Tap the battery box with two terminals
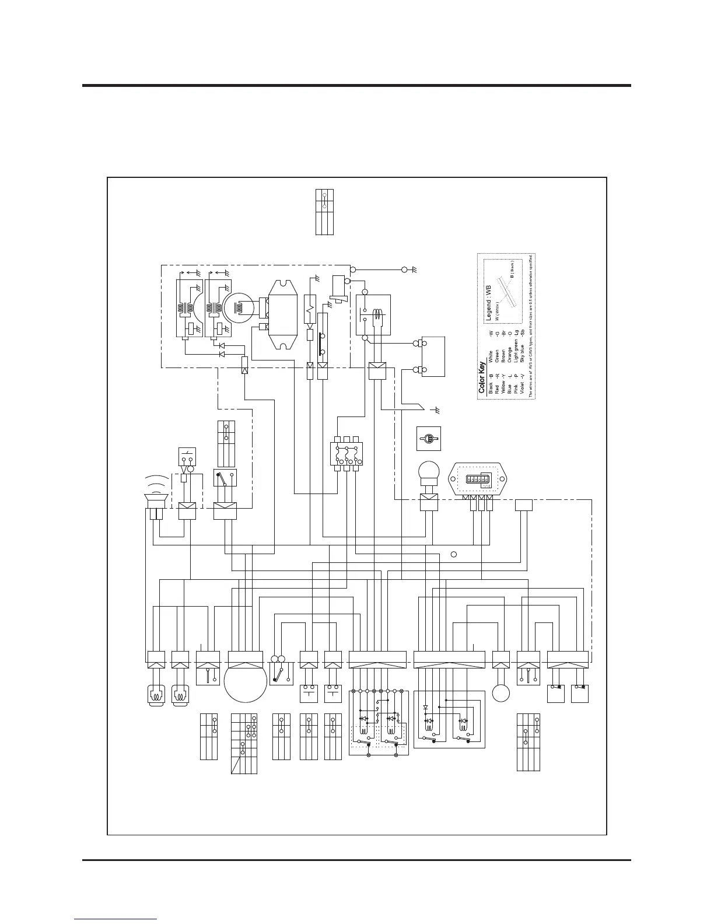[x=432, y=356]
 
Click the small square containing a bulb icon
[x=429, y=438]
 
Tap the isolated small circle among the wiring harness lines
[x=453, y=553]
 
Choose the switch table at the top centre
[x=324, y=212]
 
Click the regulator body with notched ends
[x=282, y=315]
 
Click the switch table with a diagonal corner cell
[x=244, y=743]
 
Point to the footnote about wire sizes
[x=530, y=327]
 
